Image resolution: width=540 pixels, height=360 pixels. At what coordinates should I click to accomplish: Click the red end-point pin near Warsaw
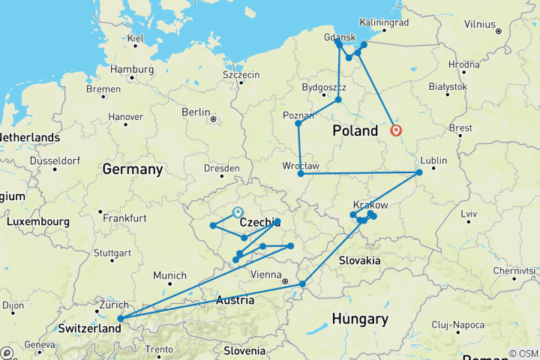coord(396,131)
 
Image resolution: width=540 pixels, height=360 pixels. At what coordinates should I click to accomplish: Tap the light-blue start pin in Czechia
coord(238,212)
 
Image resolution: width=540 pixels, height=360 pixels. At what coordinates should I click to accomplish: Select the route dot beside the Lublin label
coord(419,172)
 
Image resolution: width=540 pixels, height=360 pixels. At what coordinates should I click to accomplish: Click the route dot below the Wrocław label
coord(301,174)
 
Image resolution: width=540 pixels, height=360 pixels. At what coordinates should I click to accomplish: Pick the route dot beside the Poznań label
coord(298,123)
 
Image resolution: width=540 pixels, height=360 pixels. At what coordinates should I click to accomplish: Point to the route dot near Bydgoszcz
coord(338,100)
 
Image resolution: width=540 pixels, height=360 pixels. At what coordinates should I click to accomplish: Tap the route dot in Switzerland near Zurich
coord(120,319)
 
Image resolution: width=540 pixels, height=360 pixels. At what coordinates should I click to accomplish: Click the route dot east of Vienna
coord(302,283)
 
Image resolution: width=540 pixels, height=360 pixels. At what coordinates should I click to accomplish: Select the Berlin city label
coord(196,112)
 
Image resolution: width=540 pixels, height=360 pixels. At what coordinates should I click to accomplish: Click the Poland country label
coord(355,131)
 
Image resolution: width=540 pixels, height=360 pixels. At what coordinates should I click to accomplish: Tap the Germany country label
coord(133,169)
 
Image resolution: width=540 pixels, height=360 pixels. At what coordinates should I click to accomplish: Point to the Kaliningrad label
coord(384,22)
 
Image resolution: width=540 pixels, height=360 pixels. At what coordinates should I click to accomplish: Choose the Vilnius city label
coord(479,24)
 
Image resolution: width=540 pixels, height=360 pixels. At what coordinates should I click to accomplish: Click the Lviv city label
coord(469,214)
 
